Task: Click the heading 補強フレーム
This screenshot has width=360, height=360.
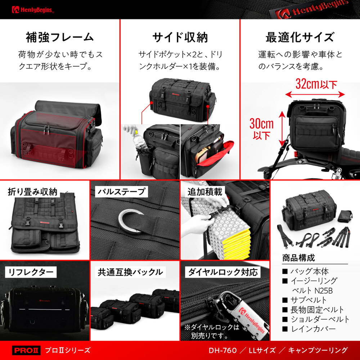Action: pos(60,37)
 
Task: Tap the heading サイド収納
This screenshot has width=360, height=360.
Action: pos(180,37)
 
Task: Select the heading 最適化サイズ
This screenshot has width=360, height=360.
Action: pos(300,37)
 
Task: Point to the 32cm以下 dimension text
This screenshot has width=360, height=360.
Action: pos(316,84)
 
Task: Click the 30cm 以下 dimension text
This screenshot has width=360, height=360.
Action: pos(261,129)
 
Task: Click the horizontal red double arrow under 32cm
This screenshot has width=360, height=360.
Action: pos(315,94)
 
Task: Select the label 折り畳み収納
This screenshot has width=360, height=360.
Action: pos(33,192)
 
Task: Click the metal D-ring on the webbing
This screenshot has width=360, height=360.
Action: pos(130,221)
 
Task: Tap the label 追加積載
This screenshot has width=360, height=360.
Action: pos(205,192)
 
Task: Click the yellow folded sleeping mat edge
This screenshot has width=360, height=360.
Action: pos(237,243)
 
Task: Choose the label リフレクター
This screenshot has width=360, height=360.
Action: pos(31,272)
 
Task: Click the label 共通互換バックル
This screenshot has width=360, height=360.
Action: pos(130,272)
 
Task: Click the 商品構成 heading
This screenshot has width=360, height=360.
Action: pos(298,258)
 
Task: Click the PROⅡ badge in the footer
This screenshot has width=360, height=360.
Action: pos(26,350)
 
